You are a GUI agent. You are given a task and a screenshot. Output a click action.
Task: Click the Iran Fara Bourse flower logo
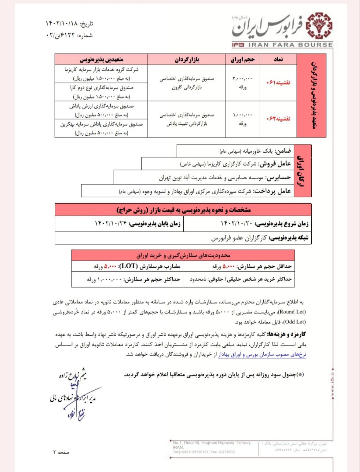pyautogui.click(x=318, y=26)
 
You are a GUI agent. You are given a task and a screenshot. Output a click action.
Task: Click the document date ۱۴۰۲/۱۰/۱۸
pyautogui.click(x=63, y=24)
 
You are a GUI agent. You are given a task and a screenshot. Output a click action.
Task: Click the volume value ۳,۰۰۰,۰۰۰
pyautogui.click(x=242, y=79)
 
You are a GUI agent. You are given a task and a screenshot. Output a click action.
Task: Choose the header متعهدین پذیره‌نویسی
pyautogui.click(x=101, y=59)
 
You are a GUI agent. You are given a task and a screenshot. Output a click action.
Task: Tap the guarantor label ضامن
pyautogui.click(x=283, y=151)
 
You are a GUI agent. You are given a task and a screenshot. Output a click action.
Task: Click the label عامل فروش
pyautogui.click(x=275, y=164)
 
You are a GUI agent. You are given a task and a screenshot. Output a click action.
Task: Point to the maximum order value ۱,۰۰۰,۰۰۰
pyautogui.click(x=110, y=280)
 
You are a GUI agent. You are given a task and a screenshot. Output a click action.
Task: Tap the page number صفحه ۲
pyautogui.click(x=61, y=452)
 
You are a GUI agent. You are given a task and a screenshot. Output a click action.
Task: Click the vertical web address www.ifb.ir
pyautogui.click(x=332, y=383)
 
